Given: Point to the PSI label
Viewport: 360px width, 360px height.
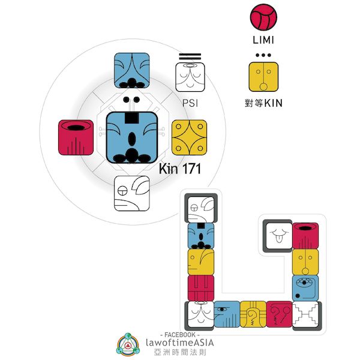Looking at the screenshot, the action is click(x=190, y=103).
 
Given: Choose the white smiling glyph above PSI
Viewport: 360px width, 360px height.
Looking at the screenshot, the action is click(x=190, y=77).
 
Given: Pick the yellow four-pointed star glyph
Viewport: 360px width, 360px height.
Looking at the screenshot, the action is click(x=190, y=136).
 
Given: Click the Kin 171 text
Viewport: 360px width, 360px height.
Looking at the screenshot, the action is click(x=179, y=170).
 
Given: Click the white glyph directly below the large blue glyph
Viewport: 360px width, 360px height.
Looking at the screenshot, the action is click(x=132, y=193).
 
